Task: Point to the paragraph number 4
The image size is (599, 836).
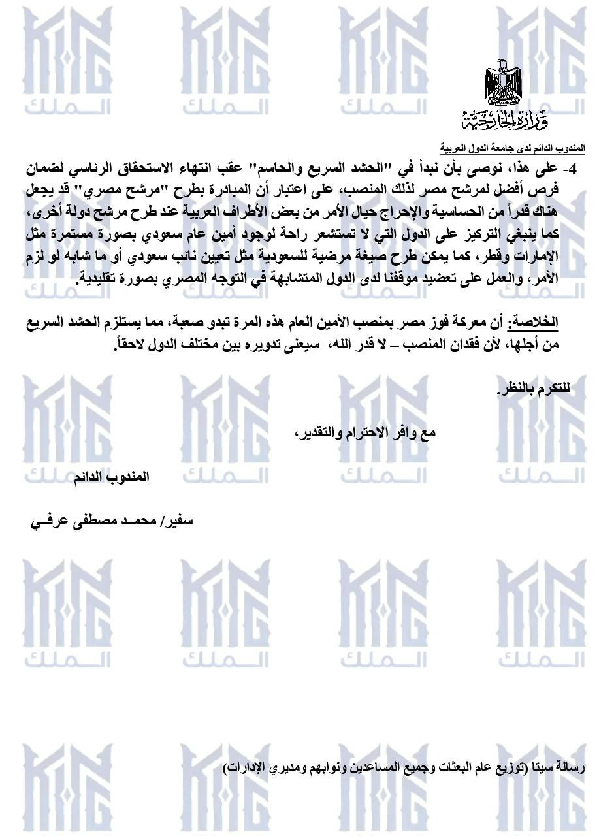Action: click(574, 170)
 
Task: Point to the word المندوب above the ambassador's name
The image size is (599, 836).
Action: click(130, 477)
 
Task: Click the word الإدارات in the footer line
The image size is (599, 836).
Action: click(244, 765)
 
